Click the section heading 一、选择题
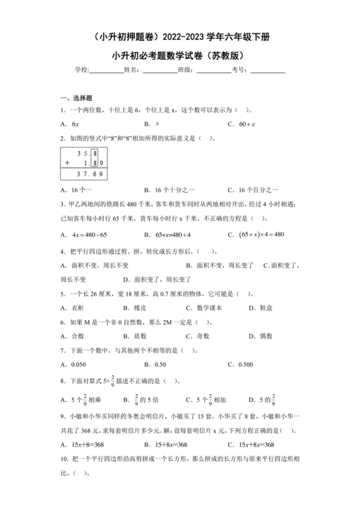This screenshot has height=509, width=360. point(76,98)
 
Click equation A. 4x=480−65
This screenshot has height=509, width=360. point(84,235)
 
